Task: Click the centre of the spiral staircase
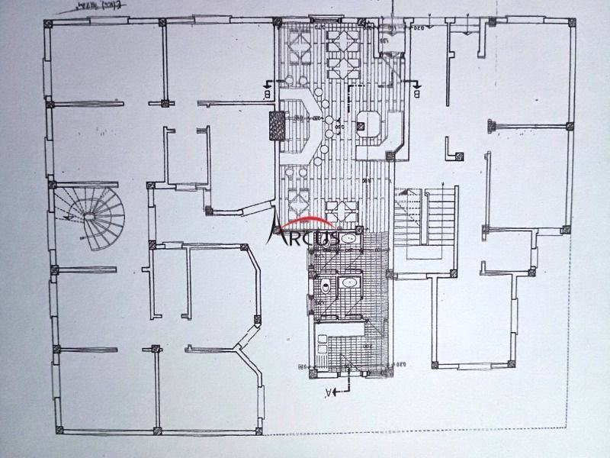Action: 91,217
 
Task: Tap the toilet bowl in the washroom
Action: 326,287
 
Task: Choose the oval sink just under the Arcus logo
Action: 348,240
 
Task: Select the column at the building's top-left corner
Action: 49,23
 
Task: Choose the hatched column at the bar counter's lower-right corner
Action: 390,156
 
